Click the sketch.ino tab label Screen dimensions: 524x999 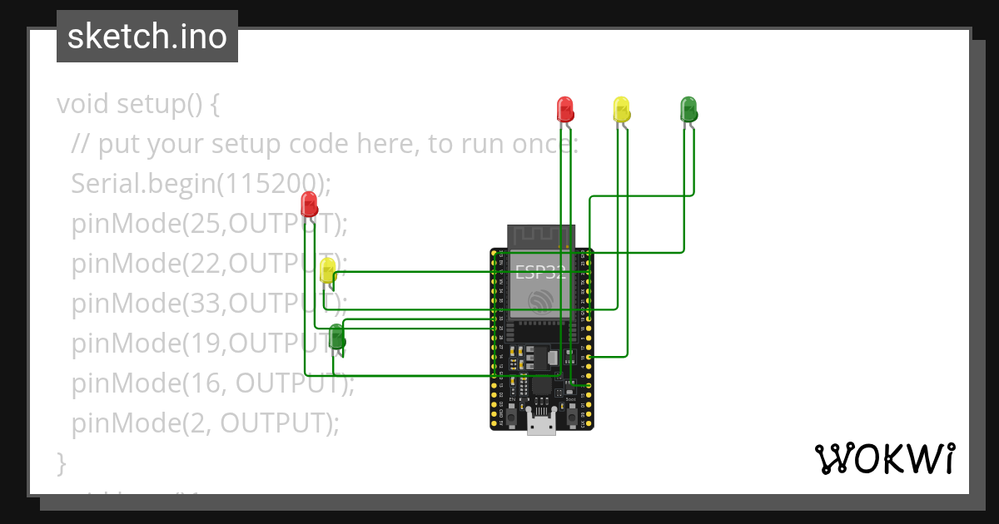coord(147,37)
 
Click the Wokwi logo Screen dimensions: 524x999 coord(883,459)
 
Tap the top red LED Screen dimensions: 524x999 coord(564,108)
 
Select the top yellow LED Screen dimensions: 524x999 coord(621,108)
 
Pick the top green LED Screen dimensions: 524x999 coord(688,108)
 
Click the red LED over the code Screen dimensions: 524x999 coord(309,203)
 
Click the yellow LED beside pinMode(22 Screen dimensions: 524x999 coord(328,269)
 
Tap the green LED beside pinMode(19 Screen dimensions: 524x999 coord(336,336)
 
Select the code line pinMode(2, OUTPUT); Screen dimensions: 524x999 coord(206,423)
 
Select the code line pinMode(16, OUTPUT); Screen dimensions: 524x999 coord(213,383)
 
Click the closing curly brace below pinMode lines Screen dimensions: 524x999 coord(61,462)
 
